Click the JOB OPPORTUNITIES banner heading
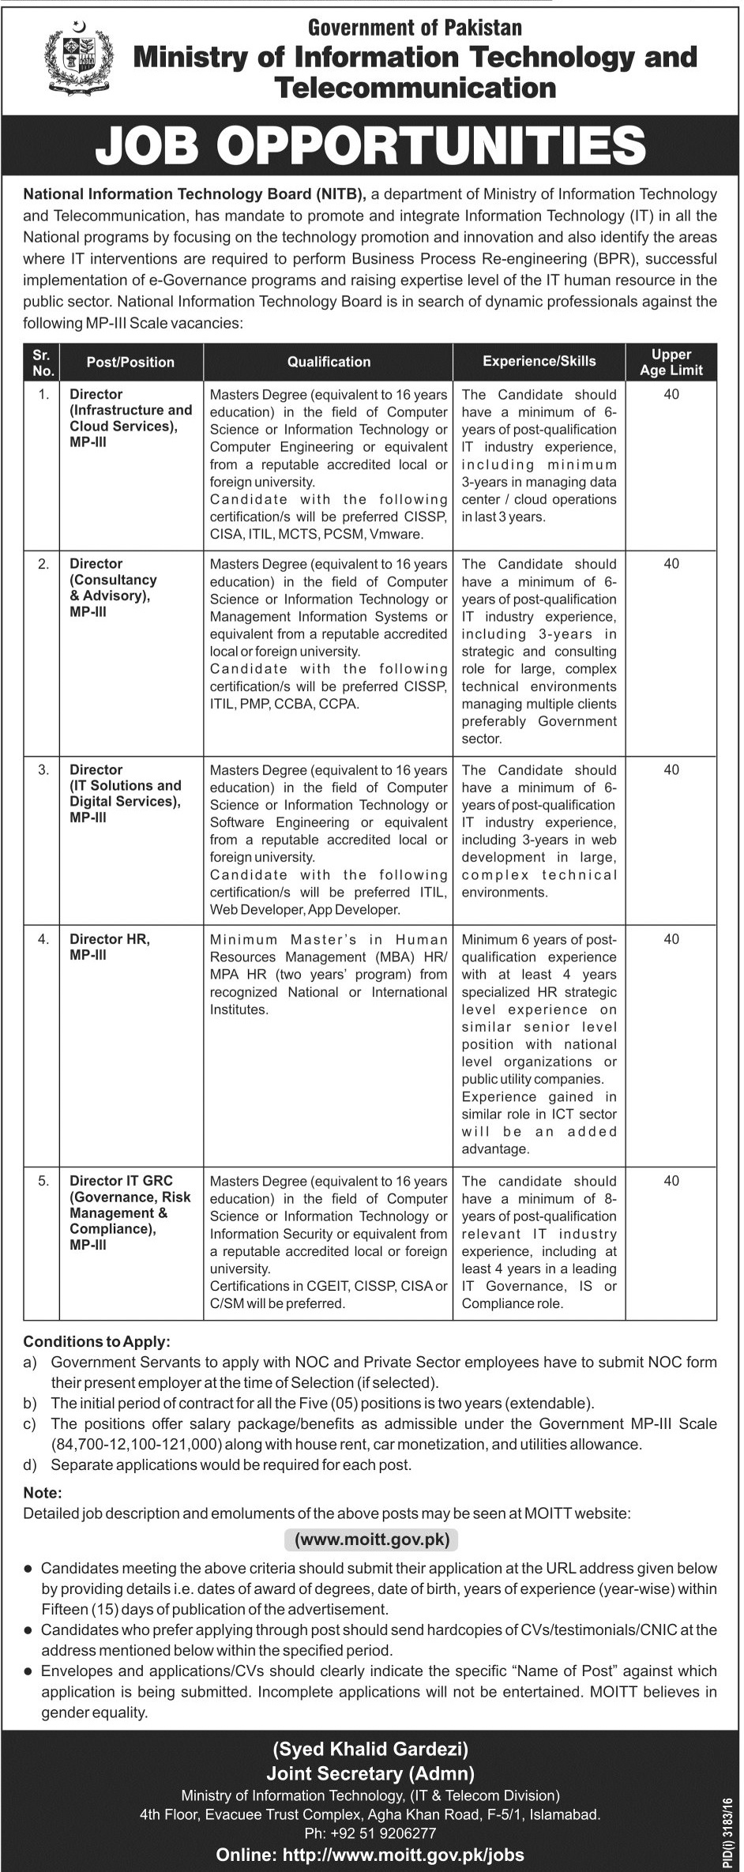tap(371, 146)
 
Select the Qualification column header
tap(329, 362)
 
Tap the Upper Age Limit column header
tap(671, 362)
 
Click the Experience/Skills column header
tap(539, 361)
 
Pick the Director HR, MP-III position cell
tap(110, 946)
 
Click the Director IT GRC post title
tap(122, 1181)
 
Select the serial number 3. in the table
tap(44, 769)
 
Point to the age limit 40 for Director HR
tap(671, 939)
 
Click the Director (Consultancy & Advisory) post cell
tap(113, 587)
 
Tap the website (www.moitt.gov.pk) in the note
tap(371, 1539)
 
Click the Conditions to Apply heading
tap(96, 1341)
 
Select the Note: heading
tap(42, 1494)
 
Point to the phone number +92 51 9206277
tap(370, 1833)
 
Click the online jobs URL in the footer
tap(370, 1855)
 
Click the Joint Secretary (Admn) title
tap(370, 1772)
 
